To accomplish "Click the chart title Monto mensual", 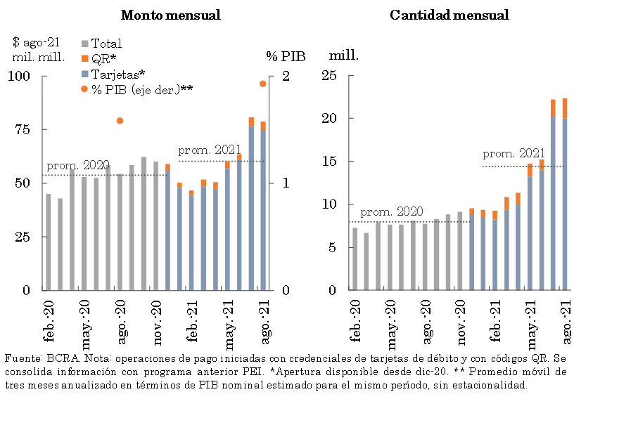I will tap(171, 15).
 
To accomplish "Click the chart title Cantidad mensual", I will tap(449, 15).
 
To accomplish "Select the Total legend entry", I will tap(106, 44).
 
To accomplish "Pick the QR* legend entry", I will tap(103, 58).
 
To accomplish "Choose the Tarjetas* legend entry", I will tap(117, 74).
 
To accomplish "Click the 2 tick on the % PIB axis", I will tap(285, 76).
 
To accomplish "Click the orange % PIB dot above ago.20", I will tap(120, 121).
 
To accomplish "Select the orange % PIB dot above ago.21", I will tap(263, 84).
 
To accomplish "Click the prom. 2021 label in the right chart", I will tap(513, 154).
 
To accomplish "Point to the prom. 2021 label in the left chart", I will tap(210, 150).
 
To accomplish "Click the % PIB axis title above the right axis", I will tap(286, 56).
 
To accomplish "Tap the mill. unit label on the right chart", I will tap(344, 55).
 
